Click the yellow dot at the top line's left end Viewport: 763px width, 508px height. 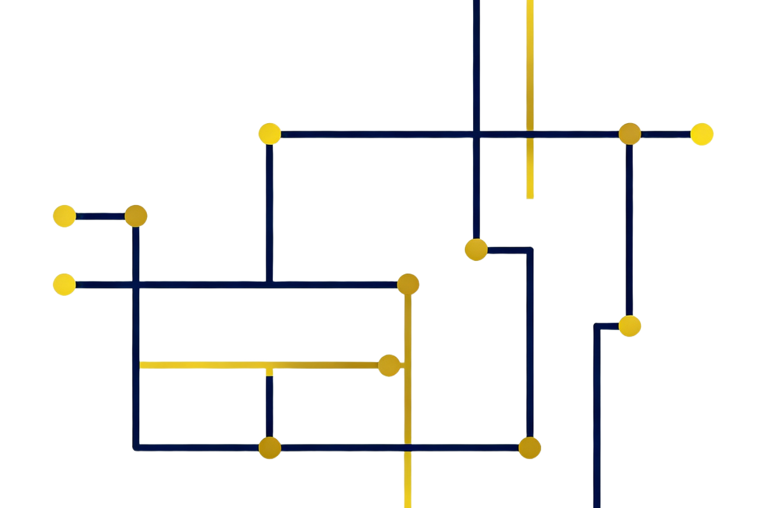tap(270, 133)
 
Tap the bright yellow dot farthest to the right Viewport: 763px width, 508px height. tap(702, 134)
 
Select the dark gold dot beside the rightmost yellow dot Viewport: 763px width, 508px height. tap(629, 134)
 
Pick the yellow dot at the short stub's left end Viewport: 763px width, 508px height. tap(64, 216)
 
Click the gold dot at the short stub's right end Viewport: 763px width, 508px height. tap(136, 216)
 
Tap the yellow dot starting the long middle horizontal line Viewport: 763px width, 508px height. tap(64, 284)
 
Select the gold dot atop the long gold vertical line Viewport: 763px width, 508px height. tap(408, 284)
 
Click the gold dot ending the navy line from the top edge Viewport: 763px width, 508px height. tap(476, 249)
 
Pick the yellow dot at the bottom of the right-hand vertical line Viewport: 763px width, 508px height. tap(629, 326)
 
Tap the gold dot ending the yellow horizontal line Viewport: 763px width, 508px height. tap(389, 365)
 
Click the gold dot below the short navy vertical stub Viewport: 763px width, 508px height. tap(270, 447)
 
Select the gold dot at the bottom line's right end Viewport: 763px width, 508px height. tap(529, 448)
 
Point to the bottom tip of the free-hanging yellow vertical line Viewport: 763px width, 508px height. tap(530, 197)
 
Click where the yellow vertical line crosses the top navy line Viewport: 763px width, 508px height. tap(530, 134)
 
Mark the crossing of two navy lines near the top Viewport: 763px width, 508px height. tap(476, 134)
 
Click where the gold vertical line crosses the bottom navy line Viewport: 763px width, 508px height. tap(408, 448)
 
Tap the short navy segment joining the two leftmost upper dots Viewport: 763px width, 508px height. tap(100, 216)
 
